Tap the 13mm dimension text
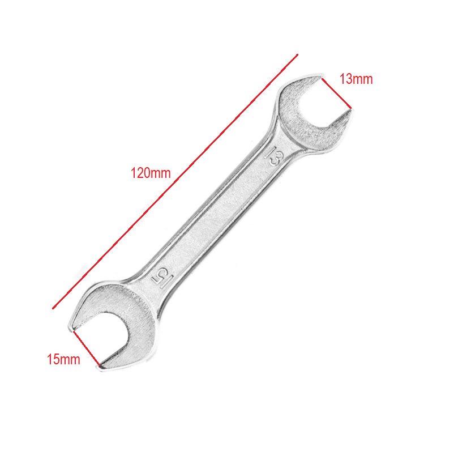pyautogui.click(x=356, y=79)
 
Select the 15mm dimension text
pyautogui.click(x=63, y=359)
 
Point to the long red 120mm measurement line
pyautogui.click(x=175, y=182)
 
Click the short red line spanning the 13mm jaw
pyautogui.click(x=337, y=93)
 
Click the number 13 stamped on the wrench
pyautogui.click(x=276, y=156)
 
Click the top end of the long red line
pyautogui.click(x=297, y=56)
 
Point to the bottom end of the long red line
pyautogui.click(x=53, y=308)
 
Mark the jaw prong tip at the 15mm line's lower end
pyautogui.click(x=100, y=367)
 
